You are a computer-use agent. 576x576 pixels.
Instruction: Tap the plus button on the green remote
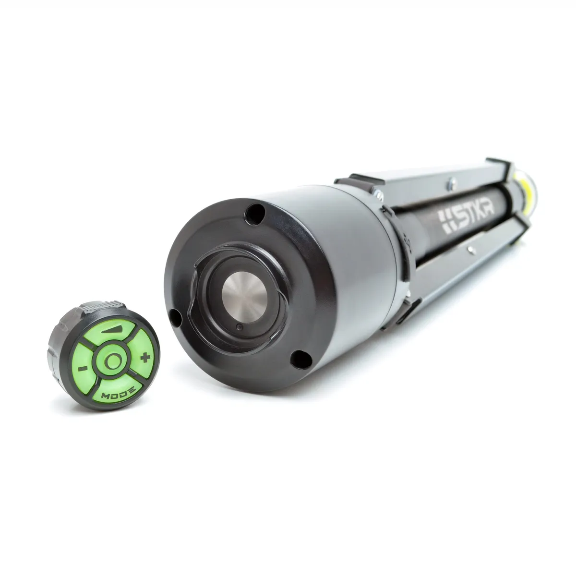tap(143, 357)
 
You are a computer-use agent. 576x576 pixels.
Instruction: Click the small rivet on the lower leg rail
tap(471, 248)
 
